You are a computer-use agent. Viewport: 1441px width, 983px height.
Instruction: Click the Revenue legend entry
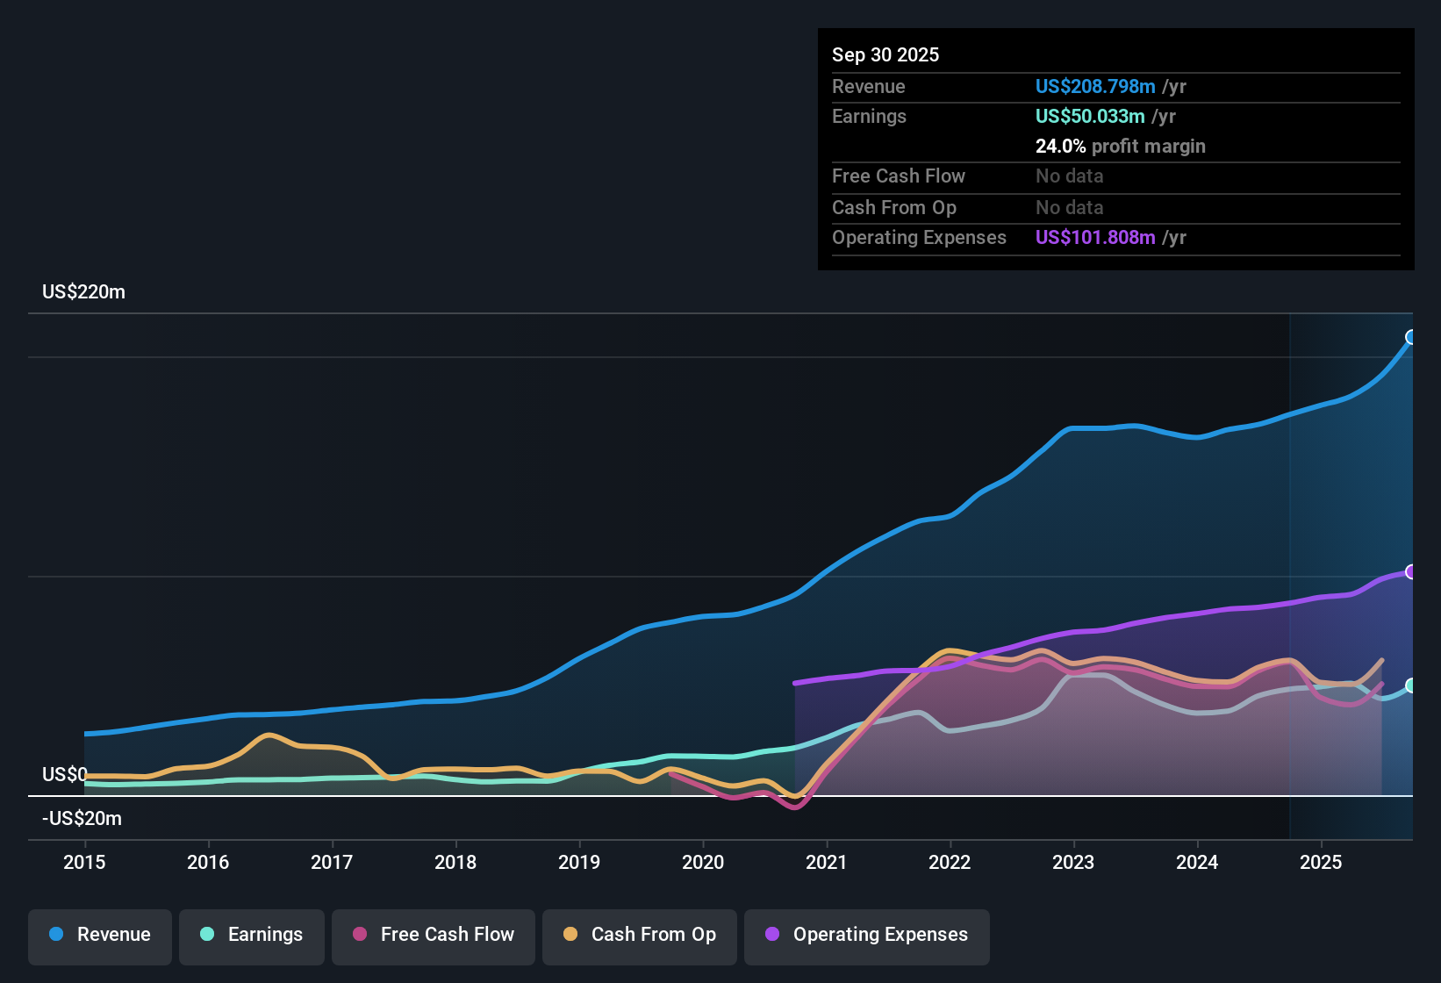(x=100, y=935)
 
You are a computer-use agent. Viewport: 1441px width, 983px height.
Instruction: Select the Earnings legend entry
(x=252, y=935)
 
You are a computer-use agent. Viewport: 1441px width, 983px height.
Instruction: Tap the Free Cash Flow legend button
(x=434, y=935)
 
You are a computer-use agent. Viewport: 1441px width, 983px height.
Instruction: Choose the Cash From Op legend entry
(x=640, y=935)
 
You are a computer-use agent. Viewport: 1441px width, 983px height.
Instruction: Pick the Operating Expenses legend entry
(x=867, y=935)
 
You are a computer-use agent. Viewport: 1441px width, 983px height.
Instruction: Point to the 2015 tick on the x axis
(x=84, y=862)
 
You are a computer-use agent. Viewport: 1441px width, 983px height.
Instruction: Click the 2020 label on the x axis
(x=703, y=862)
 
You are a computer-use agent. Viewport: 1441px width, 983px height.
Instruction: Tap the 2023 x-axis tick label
(x=1073, y=862)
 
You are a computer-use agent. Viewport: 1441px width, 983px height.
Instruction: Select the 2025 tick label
(x=1321, y=862)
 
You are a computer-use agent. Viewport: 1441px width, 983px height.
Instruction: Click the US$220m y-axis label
(x=83, y=292)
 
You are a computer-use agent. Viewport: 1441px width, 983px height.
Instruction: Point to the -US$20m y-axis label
(x=82, y=819)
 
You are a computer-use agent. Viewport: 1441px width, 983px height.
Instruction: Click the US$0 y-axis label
(x=64, y=774)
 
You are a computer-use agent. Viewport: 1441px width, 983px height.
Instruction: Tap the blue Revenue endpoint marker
(x=1411, y=337)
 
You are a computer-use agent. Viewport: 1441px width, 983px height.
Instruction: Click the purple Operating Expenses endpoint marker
(x=1411, y=572)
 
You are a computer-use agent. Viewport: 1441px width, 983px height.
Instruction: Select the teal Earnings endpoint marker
(x=1411, y=685)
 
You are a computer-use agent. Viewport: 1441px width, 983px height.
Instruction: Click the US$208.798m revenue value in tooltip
(x=1094, y=86)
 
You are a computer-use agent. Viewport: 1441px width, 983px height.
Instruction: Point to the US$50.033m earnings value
(x=1089, y=116)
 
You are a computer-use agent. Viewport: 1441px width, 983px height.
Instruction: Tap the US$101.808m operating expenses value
(x=1094, y=237)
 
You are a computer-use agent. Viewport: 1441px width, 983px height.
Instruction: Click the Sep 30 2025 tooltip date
(x=885, y=54)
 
